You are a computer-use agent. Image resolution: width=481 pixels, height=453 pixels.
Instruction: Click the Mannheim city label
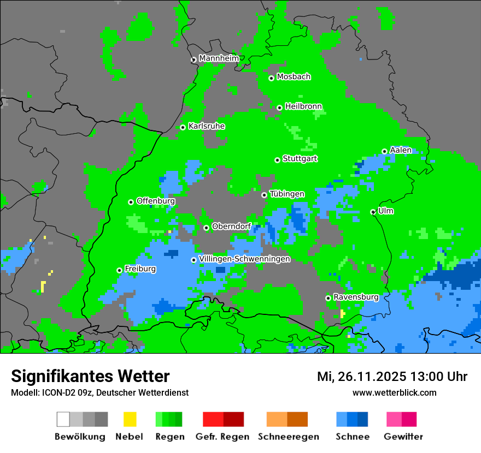[x=219, y=58]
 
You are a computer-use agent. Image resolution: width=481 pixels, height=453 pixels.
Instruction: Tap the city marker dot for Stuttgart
[x=277, y=160]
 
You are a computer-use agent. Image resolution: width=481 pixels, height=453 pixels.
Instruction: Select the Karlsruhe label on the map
[x=206, y=126]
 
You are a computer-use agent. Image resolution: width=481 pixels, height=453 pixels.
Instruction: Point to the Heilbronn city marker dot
[x=279, y=108]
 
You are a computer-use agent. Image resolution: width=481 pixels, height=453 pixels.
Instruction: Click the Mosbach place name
[x=294, y=77]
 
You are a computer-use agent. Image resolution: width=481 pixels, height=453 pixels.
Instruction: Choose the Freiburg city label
[x=140, y=269]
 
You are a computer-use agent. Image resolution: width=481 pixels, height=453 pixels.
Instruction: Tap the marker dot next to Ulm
[x=373, y=212]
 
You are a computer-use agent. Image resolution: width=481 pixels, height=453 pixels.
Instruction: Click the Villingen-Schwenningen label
[x=244, y=259]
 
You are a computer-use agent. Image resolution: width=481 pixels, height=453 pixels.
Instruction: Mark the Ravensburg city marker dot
[x=328, y=298]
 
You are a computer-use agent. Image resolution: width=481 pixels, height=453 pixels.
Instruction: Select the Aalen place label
[x=401, y=150]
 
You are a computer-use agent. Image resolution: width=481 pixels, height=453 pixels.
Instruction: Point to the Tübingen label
[x=287, y=194]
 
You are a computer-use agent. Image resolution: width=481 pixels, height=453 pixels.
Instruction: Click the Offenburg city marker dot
[x=131, y=202]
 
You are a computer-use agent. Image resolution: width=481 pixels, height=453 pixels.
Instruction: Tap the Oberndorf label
[x=231, y=226]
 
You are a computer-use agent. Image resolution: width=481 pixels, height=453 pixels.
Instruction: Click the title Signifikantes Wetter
[x=90, y=377]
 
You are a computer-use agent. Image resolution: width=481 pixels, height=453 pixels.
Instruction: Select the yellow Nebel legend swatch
[x=130, y=419]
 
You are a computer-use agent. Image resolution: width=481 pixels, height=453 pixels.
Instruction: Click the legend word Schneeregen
[x=288, y=437]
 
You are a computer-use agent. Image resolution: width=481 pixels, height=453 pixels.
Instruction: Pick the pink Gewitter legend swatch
[x=394, y=419]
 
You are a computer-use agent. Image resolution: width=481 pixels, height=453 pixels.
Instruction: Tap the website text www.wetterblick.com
[x=394, y=392]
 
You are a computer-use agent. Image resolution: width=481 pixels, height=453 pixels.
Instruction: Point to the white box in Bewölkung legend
[x=63, y=419]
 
